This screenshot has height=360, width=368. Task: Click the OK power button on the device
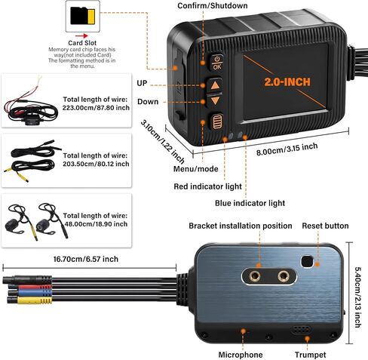[216, 63]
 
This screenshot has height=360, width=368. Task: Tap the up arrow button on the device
[215, 85]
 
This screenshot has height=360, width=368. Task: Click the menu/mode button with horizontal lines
[217, 122]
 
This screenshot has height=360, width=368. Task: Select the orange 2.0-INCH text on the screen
[287, 82]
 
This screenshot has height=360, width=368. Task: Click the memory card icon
[83, 16]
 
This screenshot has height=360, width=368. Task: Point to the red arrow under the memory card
[81, 36]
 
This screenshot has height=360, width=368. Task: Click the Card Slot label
[82, 43]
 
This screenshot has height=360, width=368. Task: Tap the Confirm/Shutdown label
[213, 5]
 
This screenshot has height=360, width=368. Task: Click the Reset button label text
[325, 226]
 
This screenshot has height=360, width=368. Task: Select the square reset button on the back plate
[307, 261]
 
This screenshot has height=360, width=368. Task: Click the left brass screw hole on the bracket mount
[254, 276]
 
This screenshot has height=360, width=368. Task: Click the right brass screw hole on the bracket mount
[284, 276]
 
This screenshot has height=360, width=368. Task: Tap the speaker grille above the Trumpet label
[301, 330]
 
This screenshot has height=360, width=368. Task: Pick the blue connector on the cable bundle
[34, 293]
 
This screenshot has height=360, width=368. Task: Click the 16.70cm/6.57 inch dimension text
[86, 259]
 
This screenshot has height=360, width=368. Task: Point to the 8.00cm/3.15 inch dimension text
[287, 149]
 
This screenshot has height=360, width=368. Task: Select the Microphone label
[241, 355]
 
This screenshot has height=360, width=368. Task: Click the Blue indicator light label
[250, 203]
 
